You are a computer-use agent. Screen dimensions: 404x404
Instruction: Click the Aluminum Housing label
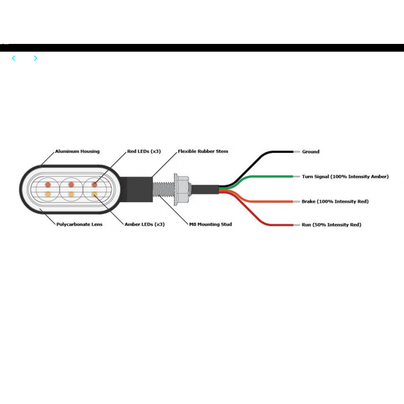(77, 151)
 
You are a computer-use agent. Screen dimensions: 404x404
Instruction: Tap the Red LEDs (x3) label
(144, 151)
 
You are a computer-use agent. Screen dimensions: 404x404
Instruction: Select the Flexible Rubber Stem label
(203, 151)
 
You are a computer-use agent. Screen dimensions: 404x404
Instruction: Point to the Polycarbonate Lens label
(79, 224)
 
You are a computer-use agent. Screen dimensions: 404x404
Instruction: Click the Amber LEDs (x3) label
(144, 224)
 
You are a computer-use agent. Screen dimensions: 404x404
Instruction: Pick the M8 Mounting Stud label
(211, 224)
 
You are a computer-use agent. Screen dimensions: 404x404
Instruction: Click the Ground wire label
(311, 152)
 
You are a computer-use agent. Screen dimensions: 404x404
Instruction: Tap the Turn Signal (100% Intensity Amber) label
(345, 177)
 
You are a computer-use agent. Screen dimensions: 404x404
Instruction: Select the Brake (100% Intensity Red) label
(335, 201)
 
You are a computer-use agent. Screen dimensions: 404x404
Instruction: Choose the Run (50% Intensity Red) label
(331, 225)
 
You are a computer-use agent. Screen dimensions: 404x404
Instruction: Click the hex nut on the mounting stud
(182, 189)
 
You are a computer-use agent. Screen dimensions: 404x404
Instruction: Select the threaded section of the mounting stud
(163, 189)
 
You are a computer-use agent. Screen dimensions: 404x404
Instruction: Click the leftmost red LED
(48, 185)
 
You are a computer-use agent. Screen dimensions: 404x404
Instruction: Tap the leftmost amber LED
(48, 194)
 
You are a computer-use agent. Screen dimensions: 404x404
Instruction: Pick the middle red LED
(71, 185)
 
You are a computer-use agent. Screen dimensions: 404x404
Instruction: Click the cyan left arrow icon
(14, 58)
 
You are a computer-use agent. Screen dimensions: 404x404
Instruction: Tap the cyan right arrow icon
(35, 58)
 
